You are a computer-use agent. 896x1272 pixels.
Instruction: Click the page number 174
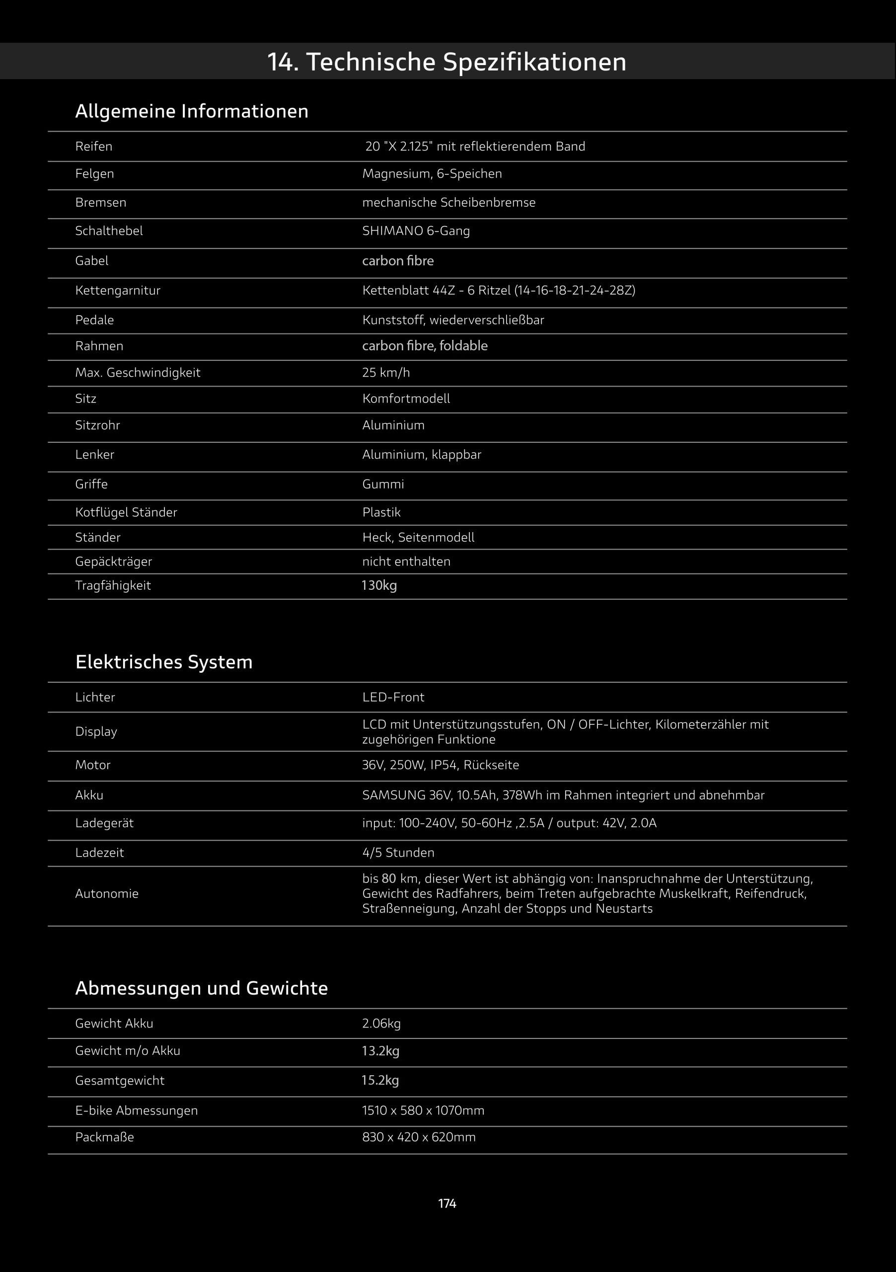pos(447,1203)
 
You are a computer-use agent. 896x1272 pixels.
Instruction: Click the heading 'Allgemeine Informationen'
pos(192,111)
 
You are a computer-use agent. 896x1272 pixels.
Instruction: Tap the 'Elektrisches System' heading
pos(164,662)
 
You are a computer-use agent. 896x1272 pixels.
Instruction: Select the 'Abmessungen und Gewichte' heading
pos(202,988)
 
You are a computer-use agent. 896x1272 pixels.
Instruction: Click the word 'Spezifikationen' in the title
pos(534,62)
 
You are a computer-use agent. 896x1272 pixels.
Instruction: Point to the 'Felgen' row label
pos(95,174)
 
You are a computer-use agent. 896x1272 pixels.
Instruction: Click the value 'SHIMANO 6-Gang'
pos(416,231)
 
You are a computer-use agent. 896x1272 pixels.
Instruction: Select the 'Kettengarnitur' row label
pos(117,290)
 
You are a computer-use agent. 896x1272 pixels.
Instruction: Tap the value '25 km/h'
pos(386,372)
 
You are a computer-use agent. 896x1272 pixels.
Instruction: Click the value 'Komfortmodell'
pos(406,399)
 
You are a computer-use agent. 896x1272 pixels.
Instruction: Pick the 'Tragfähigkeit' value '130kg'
pos(379,586)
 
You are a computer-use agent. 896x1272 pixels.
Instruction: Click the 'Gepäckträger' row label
pos(114,562)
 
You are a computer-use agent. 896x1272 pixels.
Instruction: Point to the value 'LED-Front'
pos(393,698)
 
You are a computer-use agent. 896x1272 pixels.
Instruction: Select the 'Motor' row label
pos(93,765)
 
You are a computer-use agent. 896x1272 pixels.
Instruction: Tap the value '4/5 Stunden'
pos(398,853)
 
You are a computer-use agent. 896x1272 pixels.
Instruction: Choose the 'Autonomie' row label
pos(107,893)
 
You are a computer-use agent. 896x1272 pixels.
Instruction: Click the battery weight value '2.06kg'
pos(381,1024)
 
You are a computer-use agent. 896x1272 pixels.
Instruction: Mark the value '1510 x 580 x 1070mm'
pos(423,1111)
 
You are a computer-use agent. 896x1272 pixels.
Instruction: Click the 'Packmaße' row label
pos(105,1137)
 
